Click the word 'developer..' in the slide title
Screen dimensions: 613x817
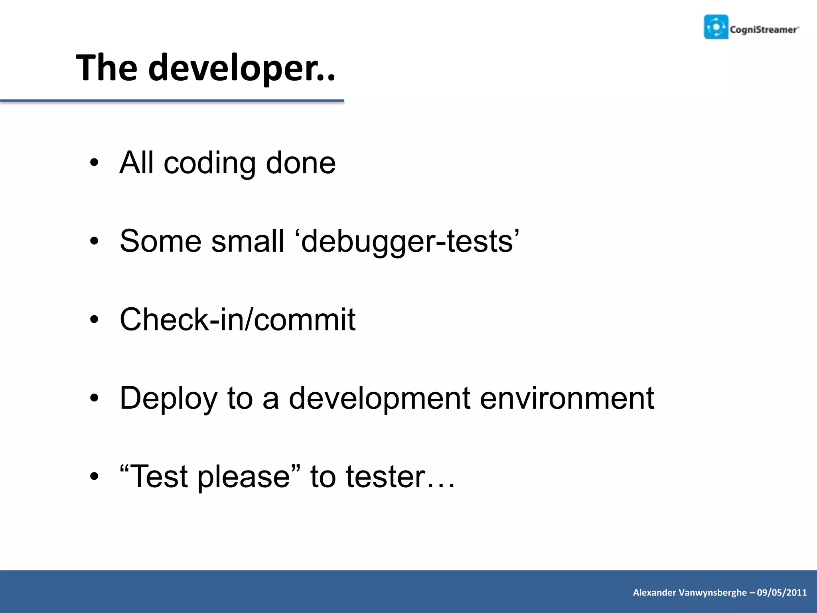[x=242, y=68]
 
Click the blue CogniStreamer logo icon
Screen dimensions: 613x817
[x=716, y=27]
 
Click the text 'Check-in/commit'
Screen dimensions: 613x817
[x=237, y=320]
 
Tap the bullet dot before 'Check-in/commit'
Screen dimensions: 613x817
[x=94, y=320]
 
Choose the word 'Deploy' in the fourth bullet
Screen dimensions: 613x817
[x=168, y=399]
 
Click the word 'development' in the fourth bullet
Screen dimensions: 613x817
[x=379, y=399]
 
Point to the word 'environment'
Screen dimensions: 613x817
[x=566, y=398]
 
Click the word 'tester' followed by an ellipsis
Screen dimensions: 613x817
[x=385, y=477]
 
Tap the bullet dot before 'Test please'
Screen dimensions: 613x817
[x=94, y=476]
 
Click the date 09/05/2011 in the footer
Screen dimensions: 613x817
[x=781, y=593]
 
